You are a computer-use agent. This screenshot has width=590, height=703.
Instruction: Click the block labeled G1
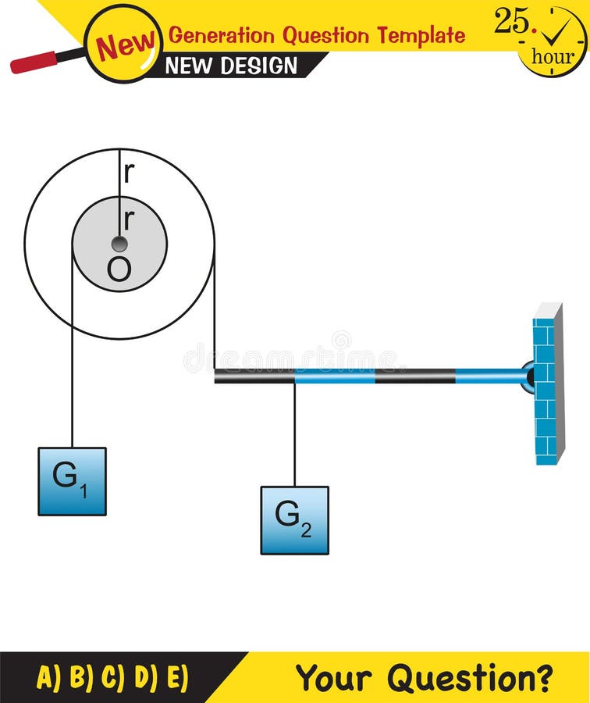72,481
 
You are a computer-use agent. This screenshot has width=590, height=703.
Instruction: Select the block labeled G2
294,520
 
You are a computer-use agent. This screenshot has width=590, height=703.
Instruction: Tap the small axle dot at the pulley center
119,244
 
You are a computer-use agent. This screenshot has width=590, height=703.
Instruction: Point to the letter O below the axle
119,270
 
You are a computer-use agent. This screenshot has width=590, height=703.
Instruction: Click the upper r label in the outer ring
129,173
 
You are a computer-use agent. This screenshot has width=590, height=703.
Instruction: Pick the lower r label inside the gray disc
129,220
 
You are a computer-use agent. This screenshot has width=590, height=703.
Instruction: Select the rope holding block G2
294,434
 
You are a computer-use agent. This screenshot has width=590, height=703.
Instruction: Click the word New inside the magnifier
125,45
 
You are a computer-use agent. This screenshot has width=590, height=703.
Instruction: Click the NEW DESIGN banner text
231,66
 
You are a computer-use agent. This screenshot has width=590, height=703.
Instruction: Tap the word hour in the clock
553,56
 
